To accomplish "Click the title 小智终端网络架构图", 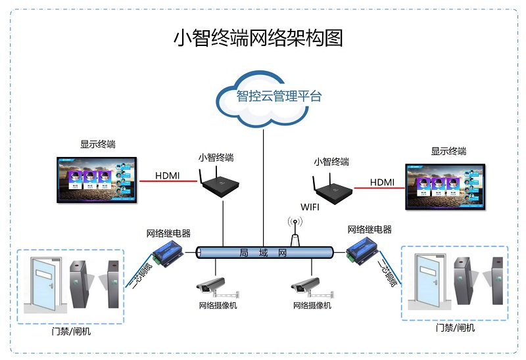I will click(258, 37).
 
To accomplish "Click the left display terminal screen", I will click(97, 179).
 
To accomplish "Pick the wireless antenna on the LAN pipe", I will click(295, 231).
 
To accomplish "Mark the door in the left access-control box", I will click(43, 284).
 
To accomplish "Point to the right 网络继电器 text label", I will click(369, 229).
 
